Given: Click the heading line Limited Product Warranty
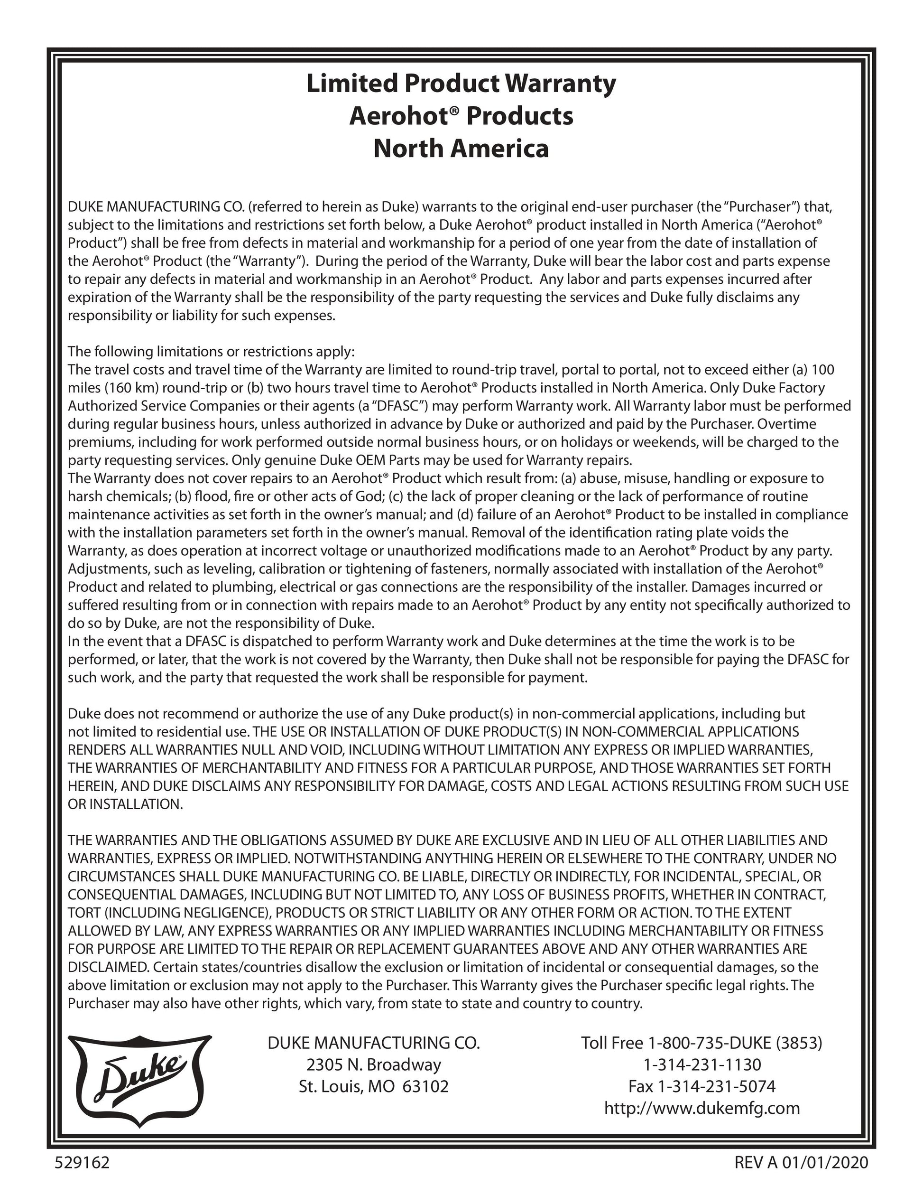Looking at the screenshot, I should pyautogui.click(x=461, y=84).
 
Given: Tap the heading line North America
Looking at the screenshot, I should pyautogui.click(x=461, y=149).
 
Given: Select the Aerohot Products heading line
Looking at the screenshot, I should pyautogui.click(x=461, y=116).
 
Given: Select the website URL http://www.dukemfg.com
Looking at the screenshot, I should pyautogui.click(x=702, y=1108).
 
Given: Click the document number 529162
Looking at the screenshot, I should pyautogui.click(x=83, y=1162).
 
